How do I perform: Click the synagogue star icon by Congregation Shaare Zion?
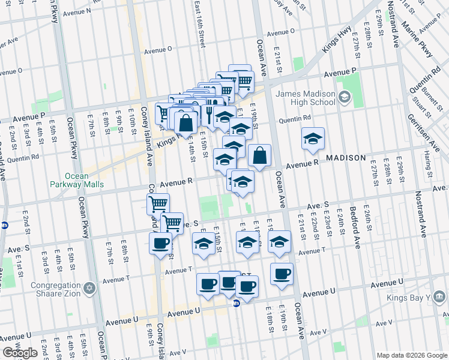(89, 289)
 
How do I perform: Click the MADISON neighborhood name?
(346, 158)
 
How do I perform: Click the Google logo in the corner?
(19, 353)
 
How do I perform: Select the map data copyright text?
(411, 355)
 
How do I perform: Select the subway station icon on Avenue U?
(237, 304)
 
